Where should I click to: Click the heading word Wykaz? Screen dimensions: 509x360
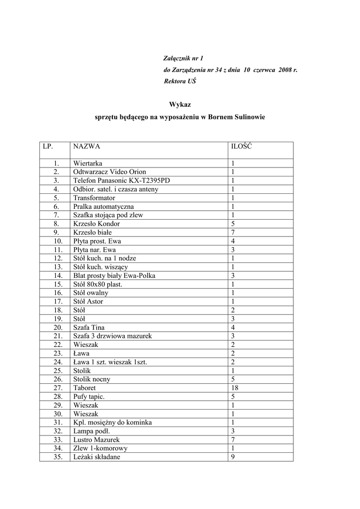click(180, 104)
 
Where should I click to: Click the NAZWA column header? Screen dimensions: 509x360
click(87, 147)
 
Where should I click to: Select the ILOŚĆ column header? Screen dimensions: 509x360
click(242, 147)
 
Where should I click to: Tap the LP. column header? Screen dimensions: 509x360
click(48, 147)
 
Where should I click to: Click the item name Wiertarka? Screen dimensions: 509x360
click(88, 163)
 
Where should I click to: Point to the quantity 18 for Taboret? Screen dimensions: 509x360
click(235, 388)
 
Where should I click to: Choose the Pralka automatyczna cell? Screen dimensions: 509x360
click(103, 206)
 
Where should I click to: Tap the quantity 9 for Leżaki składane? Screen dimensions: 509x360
click(233, 457)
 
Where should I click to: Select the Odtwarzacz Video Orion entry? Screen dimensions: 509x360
click(109, 172)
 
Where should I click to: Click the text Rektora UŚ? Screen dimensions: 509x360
click(180, 81)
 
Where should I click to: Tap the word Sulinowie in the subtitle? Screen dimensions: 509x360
click(247, 117)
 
